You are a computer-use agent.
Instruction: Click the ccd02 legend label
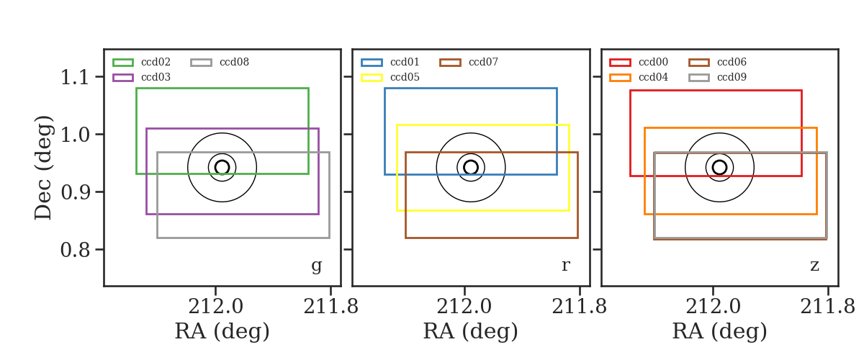click(x=156, y=62)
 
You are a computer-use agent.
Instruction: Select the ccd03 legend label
click(x=156, y=77)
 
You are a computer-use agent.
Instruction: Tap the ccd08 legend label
click(x=234, y=62)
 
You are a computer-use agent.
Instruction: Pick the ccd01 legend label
click(x=405, y=62)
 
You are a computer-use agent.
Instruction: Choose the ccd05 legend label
click(x=405, y=77)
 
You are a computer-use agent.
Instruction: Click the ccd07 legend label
click(x=483, y=62)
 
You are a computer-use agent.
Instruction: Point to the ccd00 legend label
click(x=653, y=62)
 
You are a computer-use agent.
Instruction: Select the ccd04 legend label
click(x=653, y=77)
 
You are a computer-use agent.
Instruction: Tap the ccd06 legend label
click(x=732, y=62)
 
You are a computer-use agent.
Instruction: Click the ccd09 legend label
click(x=732, y=77)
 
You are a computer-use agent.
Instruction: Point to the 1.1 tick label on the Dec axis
click(x=75, y=77)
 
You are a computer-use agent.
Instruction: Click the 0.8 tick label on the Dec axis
click(x=75, y=250)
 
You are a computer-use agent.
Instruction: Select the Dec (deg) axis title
click(x=42, y=168)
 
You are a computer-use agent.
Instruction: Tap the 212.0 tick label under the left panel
click(x=215, y=307)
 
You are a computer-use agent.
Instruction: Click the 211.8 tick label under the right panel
click(x=827, y=307)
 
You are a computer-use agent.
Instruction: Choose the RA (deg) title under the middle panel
click(x=471, y=331)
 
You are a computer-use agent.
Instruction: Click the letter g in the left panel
click(x=316, y=266)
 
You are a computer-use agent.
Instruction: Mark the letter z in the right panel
click(x=814, y=266)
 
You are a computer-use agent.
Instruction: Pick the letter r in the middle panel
click(x=565, y=266)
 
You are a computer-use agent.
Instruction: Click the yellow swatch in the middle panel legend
click(x=372, y=78)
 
